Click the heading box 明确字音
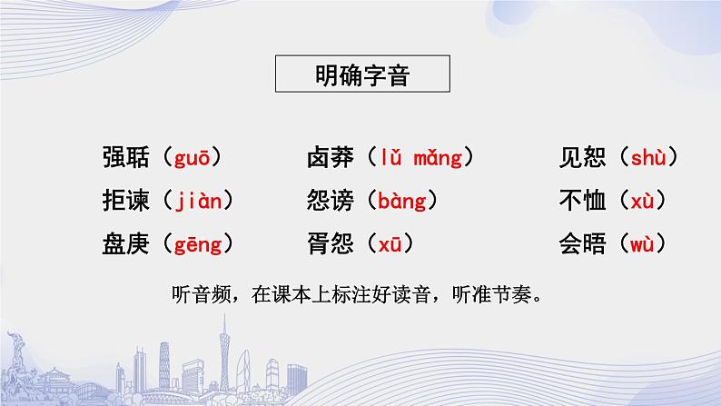(x=361, y=74)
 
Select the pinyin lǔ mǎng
(x=422, y=158)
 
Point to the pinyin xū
(x=389, y=243)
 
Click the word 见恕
(x=583, y=158)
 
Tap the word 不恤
(x=583, y=200)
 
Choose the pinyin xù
(x=641, y=200)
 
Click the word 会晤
(x=583, y=243)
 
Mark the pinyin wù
(x=641, y=243)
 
